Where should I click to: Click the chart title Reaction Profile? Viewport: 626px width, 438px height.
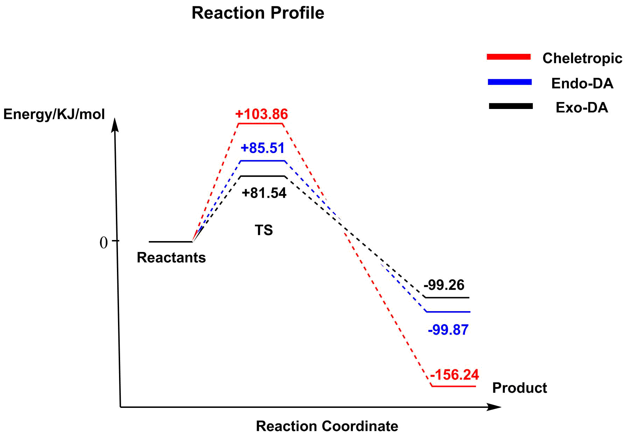coord(258,13)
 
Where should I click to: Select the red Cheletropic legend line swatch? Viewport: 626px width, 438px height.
coord(509,57)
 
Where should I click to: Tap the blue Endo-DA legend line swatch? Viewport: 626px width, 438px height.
coord(510,82)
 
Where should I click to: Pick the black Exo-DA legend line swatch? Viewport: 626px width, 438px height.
coord(511,106)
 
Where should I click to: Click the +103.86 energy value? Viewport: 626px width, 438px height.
coord(262,114)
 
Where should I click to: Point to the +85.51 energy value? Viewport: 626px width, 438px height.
coord(263,148)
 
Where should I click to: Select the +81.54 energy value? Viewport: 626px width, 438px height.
coord(264,193)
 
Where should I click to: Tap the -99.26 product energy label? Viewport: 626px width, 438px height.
coord(444,285)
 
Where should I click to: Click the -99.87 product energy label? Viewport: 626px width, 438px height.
coord(448,330)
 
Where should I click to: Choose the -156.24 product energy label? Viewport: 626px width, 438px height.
coord(454,375)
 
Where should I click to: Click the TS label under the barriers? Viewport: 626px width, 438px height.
coord(264,230)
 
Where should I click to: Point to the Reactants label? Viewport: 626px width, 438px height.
coord(171,258)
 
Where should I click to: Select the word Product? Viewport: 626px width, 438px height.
coord(520,388)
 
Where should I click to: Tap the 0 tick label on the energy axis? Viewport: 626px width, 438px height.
coord(104,242)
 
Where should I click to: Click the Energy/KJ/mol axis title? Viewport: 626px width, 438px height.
coord(54,114)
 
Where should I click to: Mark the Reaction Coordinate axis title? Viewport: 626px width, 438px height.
coord(327,426)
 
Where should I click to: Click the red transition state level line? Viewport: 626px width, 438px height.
coord(260,123)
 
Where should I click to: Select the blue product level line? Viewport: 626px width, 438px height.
coord(448,312)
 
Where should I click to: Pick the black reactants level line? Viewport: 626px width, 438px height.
coord(171,242)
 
